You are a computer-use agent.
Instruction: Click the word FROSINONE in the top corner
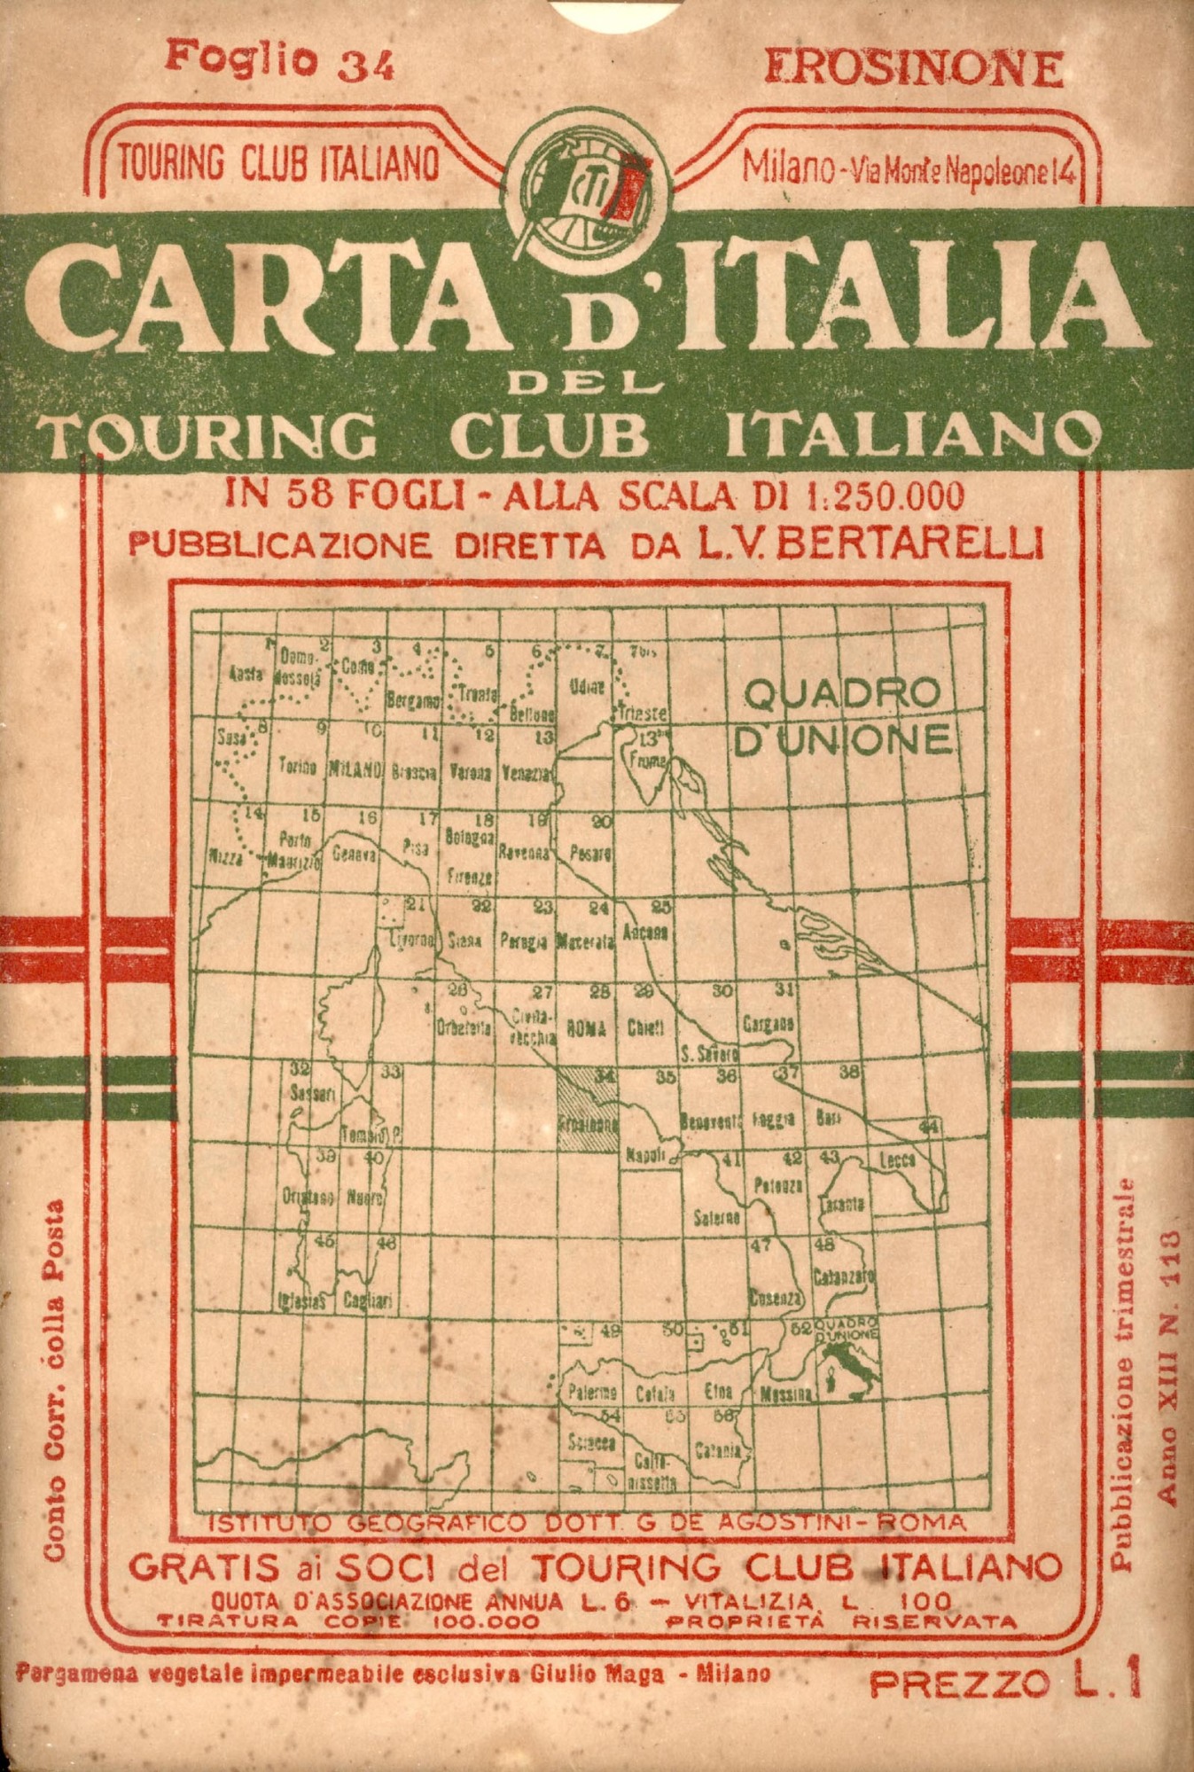(914, 68)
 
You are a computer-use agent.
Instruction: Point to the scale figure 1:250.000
(882, 496)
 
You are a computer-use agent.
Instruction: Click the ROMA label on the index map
(585, 1029)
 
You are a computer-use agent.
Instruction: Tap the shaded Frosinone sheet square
(588, 1107)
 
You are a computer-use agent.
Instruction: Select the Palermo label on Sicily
(592, 1393)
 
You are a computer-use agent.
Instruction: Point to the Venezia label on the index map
(526, 773)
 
